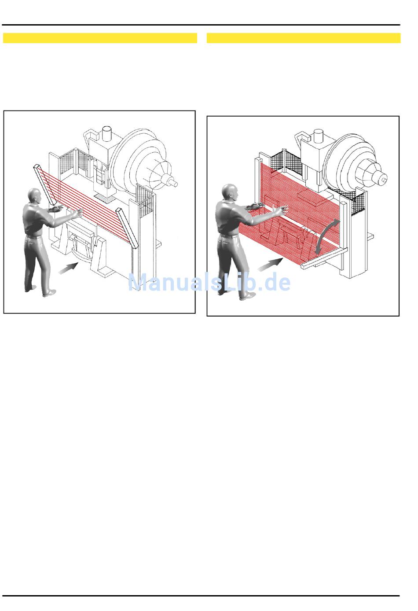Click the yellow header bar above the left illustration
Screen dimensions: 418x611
coord(100,38)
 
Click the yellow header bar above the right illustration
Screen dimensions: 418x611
coord(304,38)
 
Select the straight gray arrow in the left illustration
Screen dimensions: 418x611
coord(69,268)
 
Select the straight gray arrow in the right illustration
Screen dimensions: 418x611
coord(271,265)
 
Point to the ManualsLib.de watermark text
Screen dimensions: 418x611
coord(209,282)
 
